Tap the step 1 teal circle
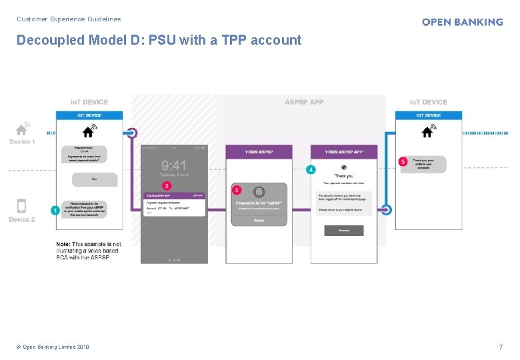click(x=55, y=210)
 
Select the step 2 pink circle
click(x=166, y=185)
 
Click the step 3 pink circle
click(x=237, y=190)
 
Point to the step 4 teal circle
click(x=311, y=170)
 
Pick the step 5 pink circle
click(x=403, y=161)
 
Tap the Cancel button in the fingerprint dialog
click(x=259, y=220)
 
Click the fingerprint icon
click(x=259, y=191)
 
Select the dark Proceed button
click(x=344, y=230)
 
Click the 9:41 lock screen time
click(x=174, y=165)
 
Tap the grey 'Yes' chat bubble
click(x=94, y=179)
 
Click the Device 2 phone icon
click(x=21, y=207)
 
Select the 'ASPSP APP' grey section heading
click(x=304, y=102)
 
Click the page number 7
click(x=501, y=347)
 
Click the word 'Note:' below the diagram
click(x=63, y=245)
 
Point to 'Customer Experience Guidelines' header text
click(x=69, y=19)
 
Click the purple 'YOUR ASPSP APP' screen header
click(x=343, y=152)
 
